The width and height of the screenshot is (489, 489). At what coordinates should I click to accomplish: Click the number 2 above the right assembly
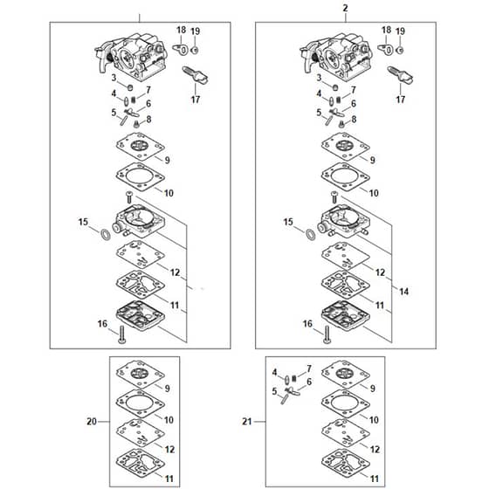pos(345,9)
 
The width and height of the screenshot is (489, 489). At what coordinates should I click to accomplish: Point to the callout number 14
pos(403,292)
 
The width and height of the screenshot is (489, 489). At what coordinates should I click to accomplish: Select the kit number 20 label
pos(92,422)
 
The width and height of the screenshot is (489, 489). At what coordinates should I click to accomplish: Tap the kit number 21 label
pos(246,422)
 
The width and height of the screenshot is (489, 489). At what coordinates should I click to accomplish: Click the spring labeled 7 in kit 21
pos(293,379)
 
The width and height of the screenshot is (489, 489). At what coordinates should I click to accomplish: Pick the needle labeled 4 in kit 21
pos(287,380)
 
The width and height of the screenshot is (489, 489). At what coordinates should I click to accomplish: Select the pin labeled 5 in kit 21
pos(285,399)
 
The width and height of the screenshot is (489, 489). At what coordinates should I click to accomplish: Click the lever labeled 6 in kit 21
pos(293,391)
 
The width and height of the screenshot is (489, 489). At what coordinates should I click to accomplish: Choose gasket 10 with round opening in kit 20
pos(141,403)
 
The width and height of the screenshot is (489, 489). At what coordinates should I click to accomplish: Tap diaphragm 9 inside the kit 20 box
pos(141,374)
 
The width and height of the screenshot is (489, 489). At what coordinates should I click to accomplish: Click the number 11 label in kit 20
pos(169,479)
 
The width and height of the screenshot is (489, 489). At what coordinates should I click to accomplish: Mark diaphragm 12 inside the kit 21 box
pos(346,433)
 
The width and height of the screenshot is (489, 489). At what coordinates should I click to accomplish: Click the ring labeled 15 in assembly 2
pos(311,235)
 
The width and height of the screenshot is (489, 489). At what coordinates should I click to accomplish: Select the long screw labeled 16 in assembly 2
pos(327,334)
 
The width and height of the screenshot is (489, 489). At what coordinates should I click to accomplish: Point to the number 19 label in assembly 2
pos(401,31)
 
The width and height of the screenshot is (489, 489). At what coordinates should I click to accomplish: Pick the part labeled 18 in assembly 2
pos(385,49)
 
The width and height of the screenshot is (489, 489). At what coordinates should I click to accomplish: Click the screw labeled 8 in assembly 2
pos(341,124)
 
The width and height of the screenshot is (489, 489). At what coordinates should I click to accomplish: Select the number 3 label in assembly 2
pos(319,78)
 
